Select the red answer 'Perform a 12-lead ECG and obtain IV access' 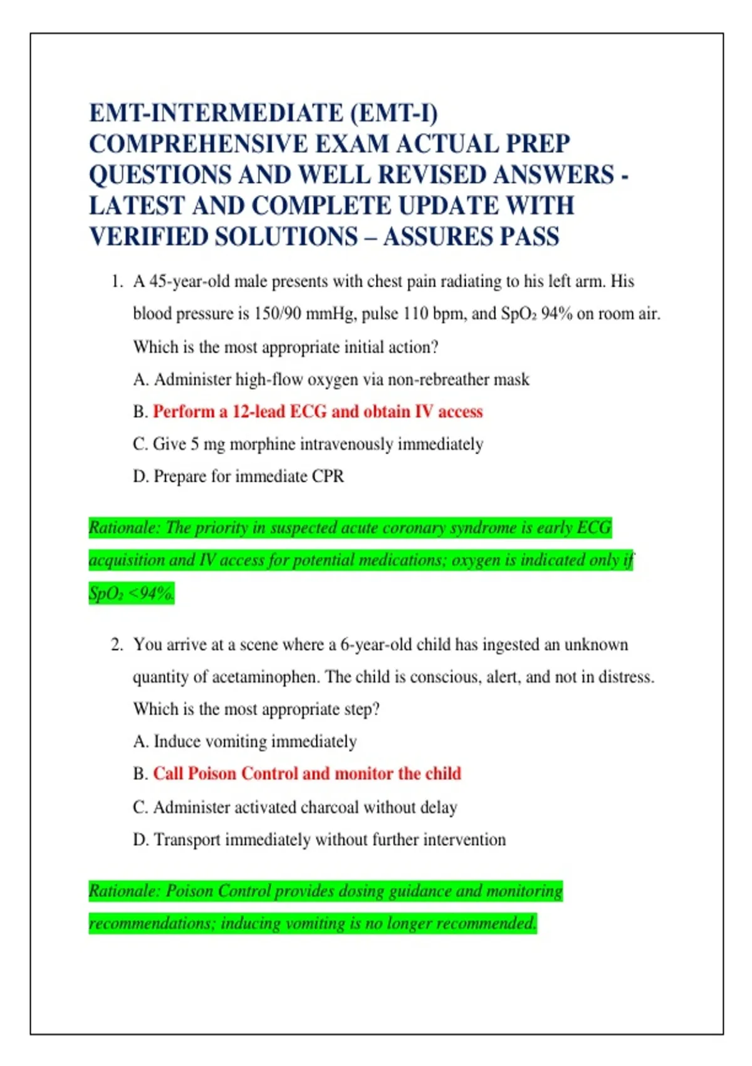pos(318,412)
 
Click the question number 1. pos(116,282)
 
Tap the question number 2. pos(116,645)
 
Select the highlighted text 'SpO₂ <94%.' pos(132,593)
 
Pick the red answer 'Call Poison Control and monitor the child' pos(307,774)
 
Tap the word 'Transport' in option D pos(187,840)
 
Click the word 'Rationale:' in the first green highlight pos(124,528)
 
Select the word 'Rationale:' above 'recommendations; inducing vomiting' pos(124,891)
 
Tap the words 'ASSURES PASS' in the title pos(471,237)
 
